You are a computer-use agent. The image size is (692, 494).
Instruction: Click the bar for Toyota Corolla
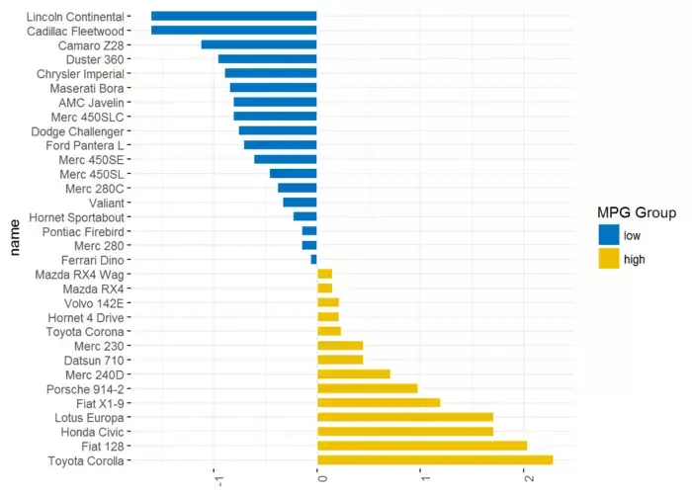[435, 459]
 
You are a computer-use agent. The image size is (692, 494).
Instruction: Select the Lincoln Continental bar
[234, 16]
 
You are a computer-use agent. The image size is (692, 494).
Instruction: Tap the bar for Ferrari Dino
[314, 259]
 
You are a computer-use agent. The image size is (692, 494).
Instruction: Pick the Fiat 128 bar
[422, 446]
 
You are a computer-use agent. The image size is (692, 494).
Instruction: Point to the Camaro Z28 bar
[259, 44]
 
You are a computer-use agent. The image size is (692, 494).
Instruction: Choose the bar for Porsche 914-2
[367, 388]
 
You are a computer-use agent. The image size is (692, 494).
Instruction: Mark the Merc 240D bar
[353, 373]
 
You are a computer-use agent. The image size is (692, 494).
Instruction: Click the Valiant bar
[300, 202]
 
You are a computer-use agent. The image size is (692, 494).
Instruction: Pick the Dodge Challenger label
[77, 130]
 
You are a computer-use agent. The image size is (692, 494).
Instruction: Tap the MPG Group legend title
[637, 212]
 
